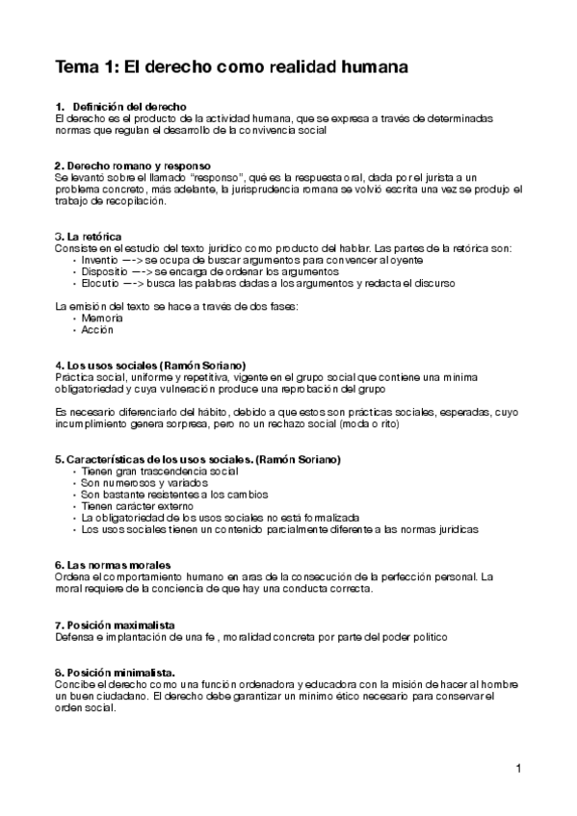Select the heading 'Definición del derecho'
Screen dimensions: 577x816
[x=129, y=106]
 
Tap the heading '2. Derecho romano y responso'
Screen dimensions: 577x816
[x=133, y=166]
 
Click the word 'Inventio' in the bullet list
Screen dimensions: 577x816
[x=100, y=260]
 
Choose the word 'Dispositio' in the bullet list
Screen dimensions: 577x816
[x=105, y=271]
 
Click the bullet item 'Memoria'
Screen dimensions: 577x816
[x=102, y=318]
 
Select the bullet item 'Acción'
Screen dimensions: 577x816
[x=97, y=329]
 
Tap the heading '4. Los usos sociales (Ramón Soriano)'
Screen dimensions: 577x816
[x=150, y=366]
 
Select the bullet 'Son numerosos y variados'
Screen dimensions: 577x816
[x=141, y=483]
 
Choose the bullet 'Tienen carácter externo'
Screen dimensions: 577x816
[x=137, y=506]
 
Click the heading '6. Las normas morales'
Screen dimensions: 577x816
[x=114, y=564]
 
